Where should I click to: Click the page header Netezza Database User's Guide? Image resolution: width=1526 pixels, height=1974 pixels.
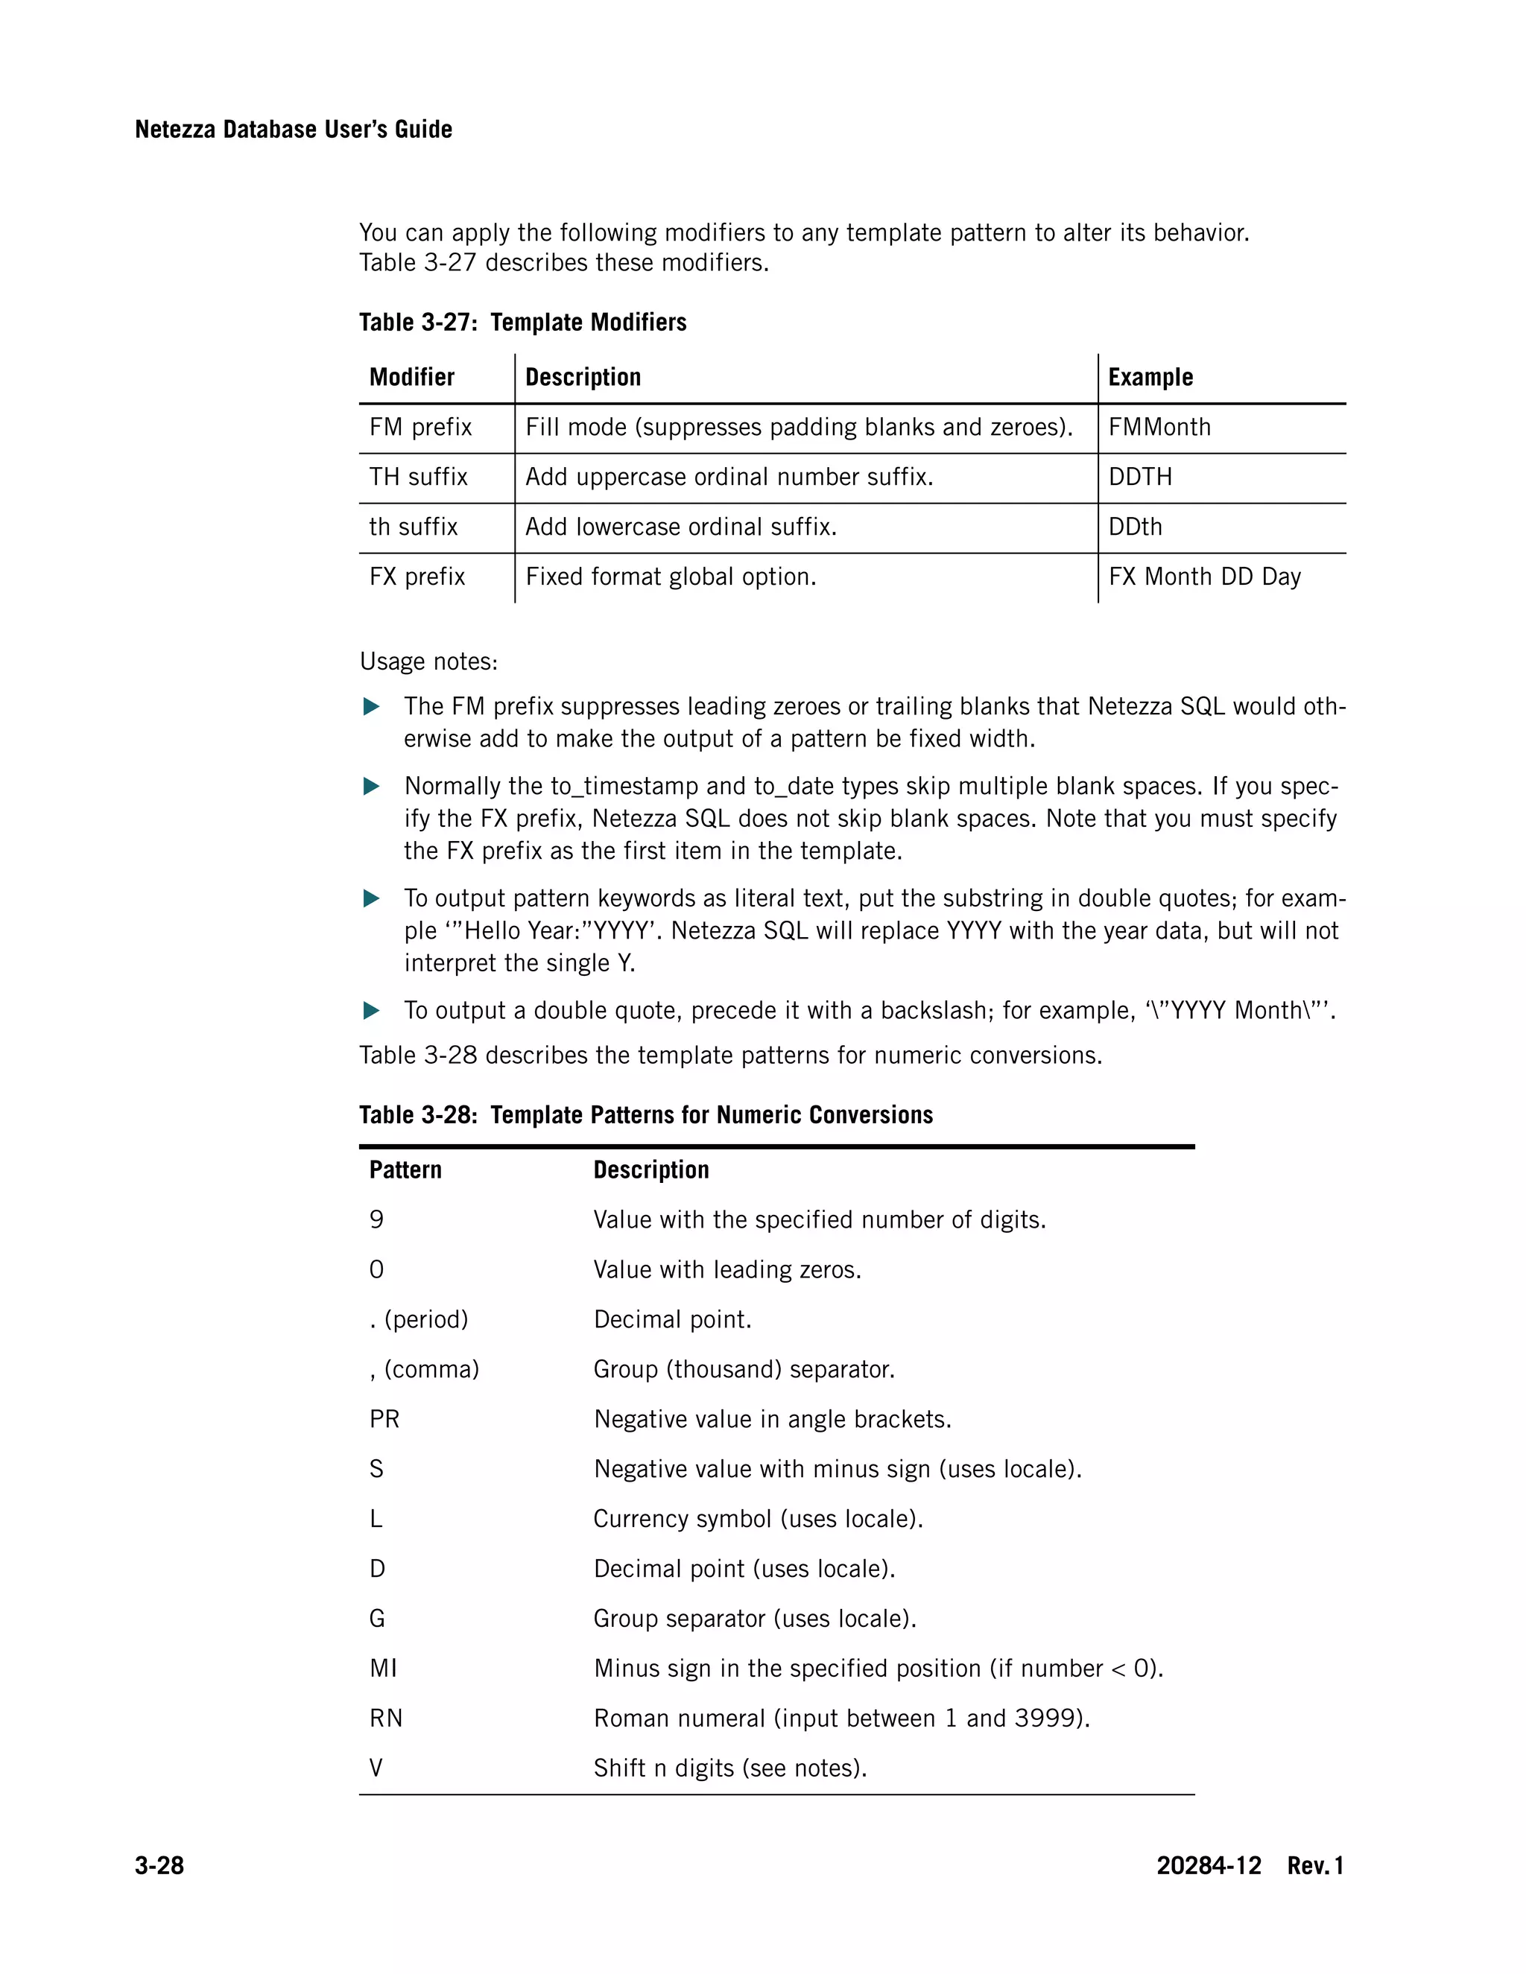[293, 130]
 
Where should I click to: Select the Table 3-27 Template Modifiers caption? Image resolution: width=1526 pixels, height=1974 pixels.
[522, 322]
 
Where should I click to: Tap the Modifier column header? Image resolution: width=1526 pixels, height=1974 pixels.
[411, 377]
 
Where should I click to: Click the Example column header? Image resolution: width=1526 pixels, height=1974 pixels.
[1150, 377]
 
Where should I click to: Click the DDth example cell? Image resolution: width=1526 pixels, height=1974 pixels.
[1135, 526]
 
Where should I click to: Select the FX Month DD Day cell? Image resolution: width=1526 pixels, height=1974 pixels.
[1204, 577]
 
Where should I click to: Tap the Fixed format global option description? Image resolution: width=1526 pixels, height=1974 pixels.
[671, 577]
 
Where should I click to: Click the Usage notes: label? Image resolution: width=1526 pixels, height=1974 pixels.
[428, 661]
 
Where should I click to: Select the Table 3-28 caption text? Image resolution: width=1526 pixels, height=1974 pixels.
[645, 1114]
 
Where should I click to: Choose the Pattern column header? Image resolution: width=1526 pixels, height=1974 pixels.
[405, 1170]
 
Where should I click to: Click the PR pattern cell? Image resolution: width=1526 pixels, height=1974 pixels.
[384, 1419]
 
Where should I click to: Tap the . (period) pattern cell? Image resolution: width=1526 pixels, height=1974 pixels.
[419, 1320]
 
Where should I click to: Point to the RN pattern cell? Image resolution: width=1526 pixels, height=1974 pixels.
[386, 1718]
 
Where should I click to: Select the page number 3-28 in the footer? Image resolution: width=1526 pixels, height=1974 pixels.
[159, 1864]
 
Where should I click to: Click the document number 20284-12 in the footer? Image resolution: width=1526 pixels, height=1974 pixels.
[1208, 1864]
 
